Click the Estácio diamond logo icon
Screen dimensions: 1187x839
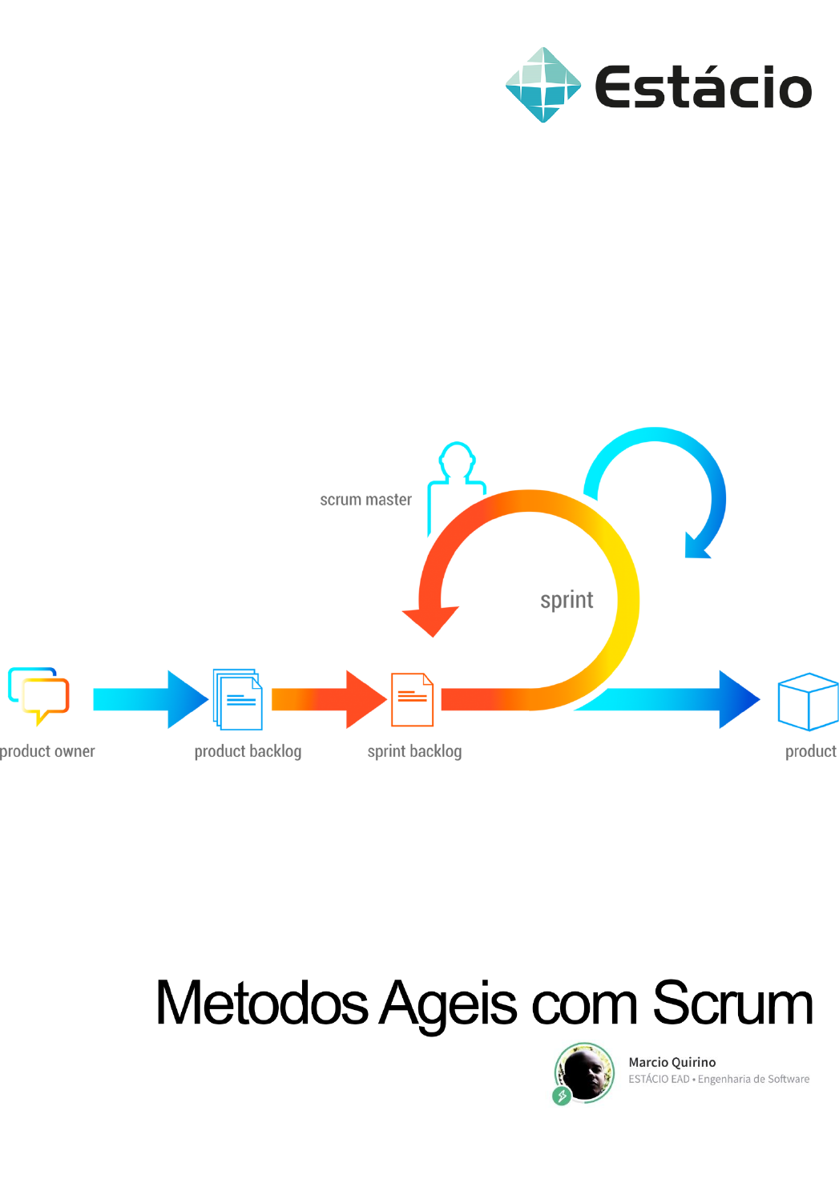click(x=543, y=85)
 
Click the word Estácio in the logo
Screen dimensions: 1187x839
click(x=703, y=87)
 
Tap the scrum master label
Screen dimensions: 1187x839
click(x=365, y=500)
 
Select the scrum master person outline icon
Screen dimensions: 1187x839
click(x=457, y=473)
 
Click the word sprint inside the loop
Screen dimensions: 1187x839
click(x=567, y=600)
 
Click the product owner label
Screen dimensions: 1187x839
click(x=48, y=751)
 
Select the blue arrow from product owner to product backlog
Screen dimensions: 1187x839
click(x=150, y=699)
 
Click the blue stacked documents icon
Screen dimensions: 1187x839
click(x=238, y=699)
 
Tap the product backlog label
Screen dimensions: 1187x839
click(x=248, y=751)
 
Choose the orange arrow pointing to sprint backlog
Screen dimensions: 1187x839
click(x=329, y=699)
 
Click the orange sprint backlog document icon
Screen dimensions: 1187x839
click(x=412, y=699)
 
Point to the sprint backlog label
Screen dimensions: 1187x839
click(x=414, y=751)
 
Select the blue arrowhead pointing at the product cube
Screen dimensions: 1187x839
click(x=738, y=699)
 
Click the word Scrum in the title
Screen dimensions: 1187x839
click(x=732, y=1003)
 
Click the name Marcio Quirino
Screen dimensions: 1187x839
click(x=672, y=1062)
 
